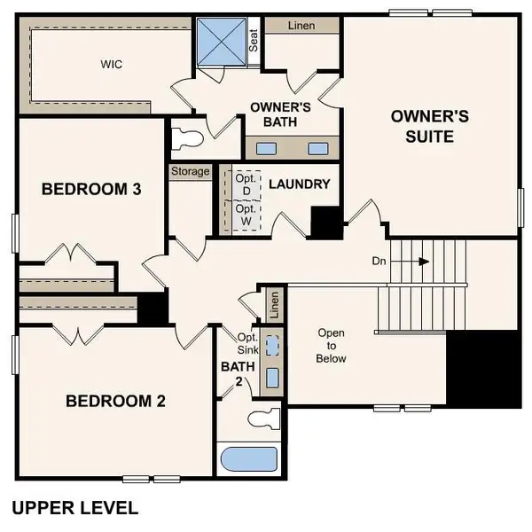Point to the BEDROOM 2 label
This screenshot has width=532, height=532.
pos(115,401)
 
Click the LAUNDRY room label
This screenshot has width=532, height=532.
pos(299,184)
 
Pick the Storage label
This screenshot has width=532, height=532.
pos(190,171)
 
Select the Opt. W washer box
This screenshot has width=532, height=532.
pos(245,215)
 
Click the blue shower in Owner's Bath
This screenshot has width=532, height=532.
pos(221,40)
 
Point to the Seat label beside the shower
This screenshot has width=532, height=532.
pos(254,41)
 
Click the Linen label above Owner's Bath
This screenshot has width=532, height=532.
pos(301,26)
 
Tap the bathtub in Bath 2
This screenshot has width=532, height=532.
pos(247,460)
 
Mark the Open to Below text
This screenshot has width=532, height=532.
pos(332,346)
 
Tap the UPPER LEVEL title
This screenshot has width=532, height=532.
pos(74,508)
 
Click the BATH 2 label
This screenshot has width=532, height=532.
pos(231,373)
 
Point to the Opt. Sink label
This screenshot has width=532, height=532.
pos(246,343)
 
